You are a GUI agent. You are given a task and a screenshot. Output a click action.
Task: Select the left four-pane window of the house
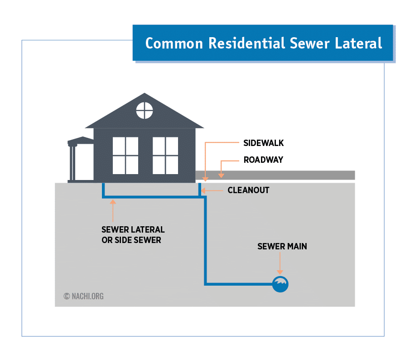tap(125, 156)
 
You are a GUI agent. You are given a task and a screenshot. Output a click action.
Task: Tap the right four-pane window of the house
tap(165, 156)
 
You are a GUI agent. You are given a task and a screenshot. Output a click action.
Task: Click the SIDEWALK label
tap(264, 143)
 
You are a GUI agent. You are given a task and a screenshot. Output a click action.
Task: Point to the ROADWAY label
tap(263, 160)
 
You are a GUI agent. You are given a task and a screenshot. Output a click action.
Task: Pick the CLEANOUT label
tap(248, 190)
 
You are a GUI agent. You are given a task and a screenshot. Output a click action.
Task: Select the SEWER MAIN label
tap(282, 247)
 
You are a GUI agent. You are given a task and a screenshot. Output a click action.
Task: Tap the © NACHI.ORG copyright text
tap(84, 296)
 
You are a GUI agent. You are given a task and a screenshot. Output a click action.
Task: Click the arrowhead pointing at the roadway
tap(221, 175)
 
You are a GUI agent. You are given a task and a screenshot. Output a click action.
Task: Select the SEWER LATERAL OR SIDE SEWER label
tap(133, 235)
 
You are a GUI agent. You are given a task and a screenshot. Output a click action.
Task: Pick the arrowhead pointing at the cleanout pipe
tap(203, 190)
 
